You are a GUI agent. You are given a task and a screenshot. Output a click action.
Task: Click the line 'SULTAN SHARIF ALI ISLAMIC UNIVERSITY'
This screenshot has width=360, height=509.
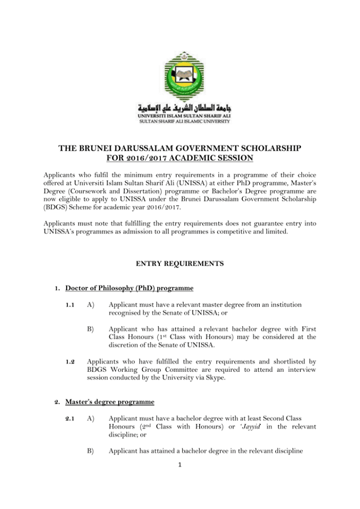(180, 122)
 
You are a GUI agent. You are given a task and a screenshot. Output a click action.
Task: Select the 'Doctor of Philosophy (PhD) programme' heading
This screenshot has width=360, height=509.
(130, 288)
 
